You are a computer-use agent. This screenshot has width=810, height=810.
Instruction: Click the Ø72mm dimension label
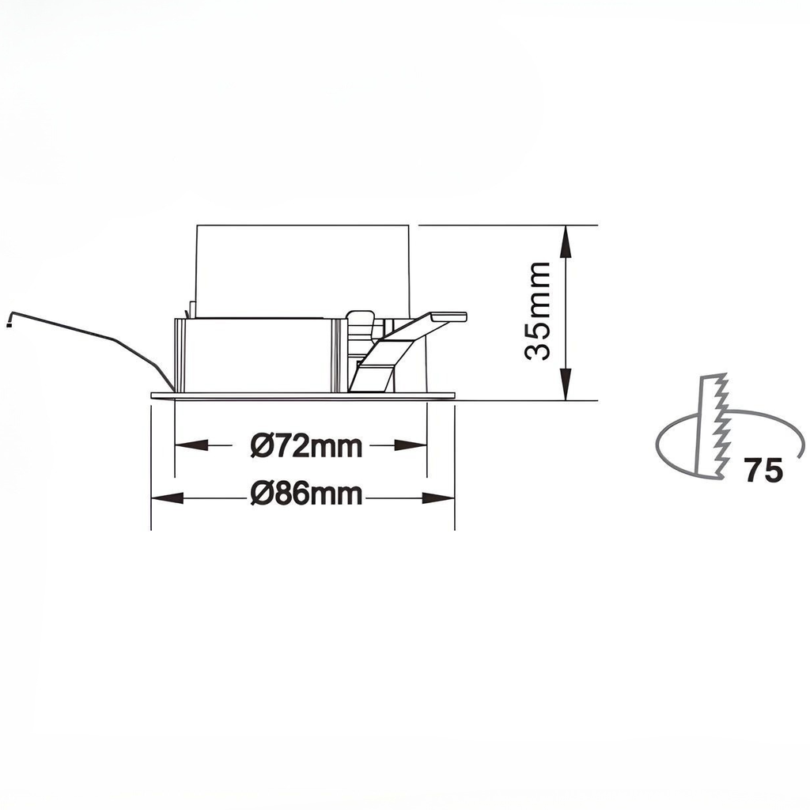click(307, 447)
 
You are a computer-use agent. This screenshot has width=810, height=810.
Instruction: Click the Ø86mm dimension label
click(307, 496)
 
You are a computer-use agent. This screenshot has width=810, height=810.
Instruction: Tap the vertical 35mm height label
click(539, 310)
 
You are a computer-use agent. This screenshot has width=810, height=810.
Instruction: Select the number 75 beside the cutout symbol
click(763, 471)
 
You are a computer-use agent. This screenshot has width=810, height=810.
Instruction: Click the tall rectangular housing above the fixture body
click(302, 269)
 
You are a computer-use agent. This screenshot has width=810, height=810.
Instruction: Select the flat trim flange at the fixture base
click(304, 396)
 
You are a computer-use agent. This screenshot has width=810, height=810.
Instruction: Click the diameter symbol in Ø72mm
click(263, 447)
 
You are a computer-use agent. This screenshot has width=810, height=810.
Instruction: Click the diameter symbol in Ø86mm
click(263, 496)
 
